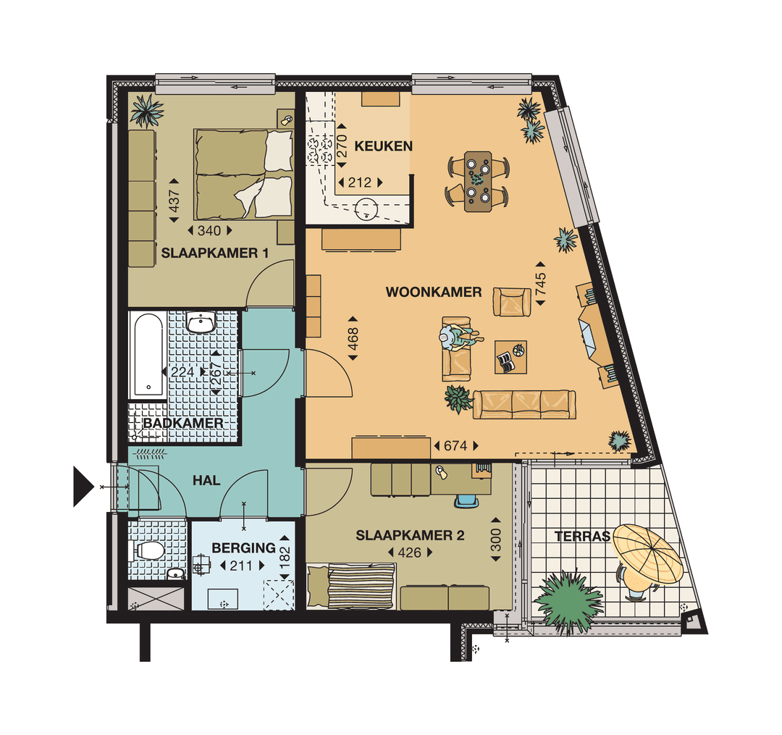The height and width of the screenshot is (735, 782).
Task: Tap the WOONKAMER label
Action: tap(434, 293)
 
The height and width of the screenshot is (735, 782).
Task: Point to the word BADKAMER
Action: tap(182, 423)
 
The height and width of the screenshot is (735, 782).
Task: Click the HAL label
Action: tap(206, 479)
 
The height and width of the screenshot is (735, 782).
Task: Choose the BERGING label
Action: tap(243, 548)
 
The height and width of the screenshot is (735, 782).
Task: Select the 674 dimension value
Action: tap(455, 446)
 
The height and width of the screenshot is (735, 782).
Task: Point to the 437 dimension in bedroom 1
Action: tap(174, 196)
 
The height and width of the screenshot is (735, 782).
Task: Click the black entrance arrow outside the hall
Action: tap(83, 486)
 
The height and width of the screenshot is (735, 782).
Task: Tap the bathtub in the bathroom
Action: tap(148, 356)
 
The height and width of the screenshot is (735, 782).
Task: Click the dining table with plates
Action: tap(478, 181)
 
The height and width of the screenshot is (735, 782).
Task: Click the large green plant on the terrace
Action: tap(568, 600)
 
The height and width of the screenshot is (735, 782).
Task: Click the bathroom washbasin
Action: tap(201, 322)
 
